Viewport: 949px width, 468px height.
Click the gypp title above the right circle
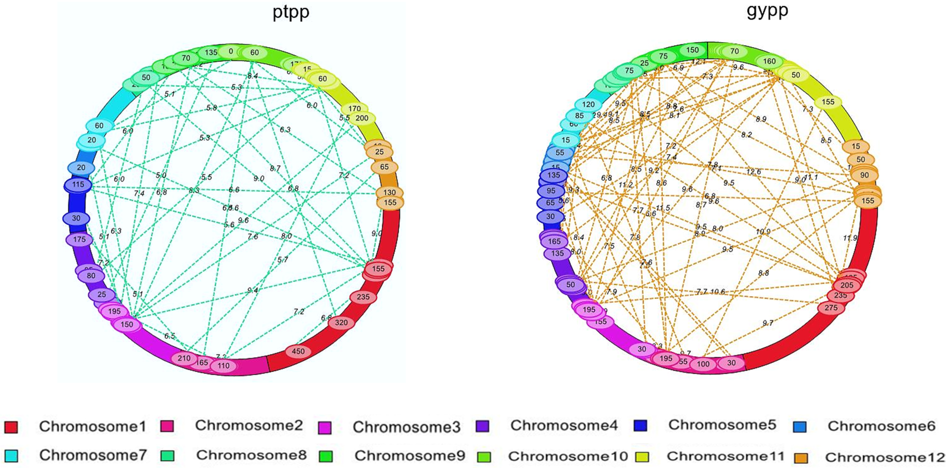767,11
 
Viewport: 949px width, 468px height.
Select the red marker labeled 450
298,351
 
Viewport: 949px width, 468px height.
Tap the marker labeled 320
341,323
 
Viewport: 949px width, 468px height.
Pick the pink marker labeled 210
184,358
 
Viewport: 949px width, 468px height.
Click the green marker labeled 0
231,52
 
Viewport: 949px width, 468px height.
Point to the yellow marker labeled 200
362,118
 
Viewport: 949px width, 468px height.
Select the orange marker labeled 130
389,192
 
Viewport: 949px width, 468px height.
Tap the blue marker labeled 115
78,184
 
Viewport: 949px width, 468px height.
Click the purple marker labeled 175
79,239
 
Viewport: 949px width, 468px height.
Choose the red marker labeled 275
831,308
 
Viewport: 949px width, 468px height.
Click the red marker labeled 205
847,285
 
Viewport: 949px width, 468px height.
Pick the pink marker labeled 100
703,364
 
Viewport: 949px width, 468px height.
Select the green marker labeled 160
769,61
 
